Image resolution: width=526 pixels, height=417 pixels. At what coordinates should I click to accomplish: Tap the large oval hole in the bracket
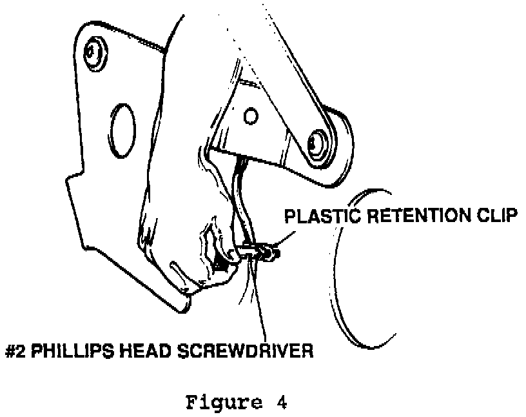(x=122, y=128)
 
